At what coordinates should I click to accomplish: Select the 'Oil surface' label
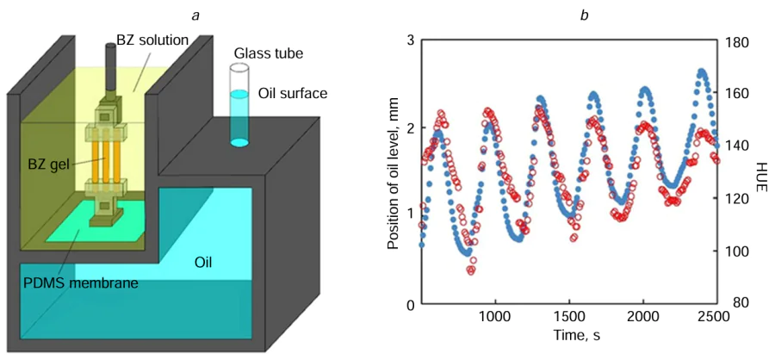point(292,92)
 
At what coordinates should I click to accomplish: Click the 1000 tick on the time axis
point(493,317)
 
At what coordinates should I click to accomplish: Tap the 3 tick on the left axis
point(412,40)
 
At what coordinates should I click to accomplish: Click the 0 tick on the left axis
point(412,304)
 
